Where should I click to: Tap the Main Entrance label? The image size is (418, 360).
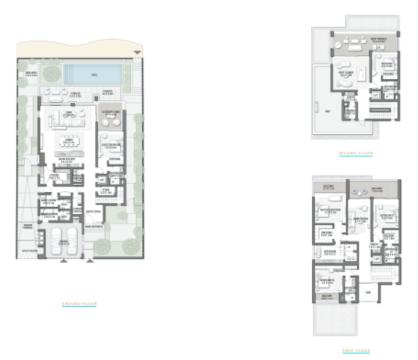(x=93, y=226)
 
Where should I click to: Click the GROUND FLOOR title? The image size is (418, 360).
(x=79, y=303)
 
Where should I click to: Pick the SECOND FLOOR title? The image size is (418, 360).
(x=355, y=153)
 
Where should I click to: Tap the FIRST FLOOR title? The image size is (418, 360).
(x=356, y=351)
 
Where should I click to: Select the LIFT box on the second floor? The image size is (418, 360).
(x=375, y=94)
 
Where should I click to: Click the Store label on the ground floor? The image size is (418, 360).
(x=105, y=190)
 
